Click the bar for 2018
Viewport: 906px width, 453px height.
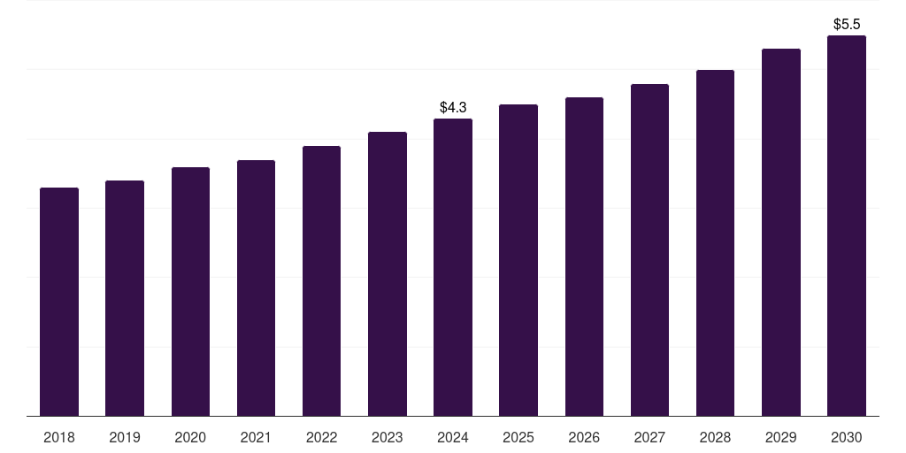click(59, 302)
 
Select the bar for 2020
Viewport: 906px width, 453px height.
click(190, 291)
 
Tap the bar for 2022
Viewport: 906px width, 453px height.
click(321, 280)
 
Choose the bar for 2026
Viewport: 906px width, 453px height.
click(584, 257)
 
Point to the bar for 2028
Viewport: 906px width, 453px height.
click(715, 242)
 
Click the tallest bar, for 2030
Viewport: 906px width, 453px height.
click(847, 226)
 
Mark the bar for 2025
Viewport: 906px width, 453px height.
click(518, 260)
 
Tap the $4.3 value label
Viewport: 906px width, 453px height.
click(453, 107)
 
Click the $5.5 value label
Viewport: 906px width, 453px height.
click(847, 24)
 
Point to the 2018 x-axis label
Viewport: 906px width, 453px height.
click(59, 437)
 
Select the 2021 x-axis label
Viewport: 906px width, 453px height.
click(256, 437)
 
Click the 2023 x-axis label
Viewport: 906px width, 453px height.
click(388, 437)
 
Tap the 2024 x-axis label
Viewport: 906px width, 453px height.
click(453, 437)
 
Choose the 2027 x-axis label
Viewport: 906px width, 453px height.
click(649, 437)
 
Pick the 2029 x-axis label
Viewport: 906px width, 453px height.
click(781, 437)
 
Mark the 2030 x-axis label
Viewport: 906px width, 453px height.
click(847, 437)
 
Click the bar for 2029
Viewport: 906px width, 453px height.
click(781, 232)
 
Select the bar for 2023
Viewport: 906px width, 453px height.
click(388, 273)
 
